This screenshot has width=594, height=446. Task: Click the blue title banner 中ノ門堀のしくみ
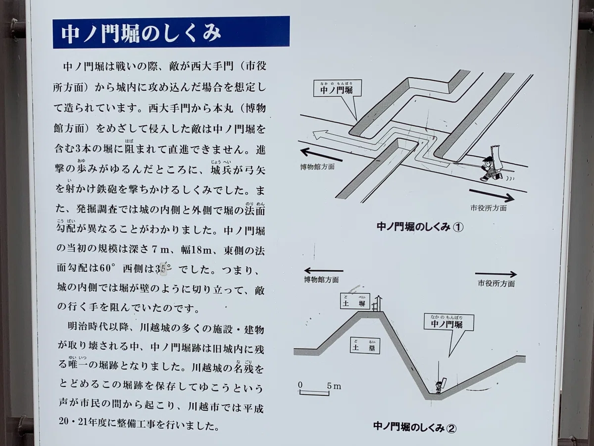[171, 32]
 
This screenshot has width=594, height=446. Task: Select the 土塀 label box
[355, 301]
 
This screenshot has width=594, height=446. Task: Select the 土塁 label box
[365, 345]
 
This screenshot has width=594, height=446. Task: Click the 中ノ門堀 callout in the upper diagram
[338, 88]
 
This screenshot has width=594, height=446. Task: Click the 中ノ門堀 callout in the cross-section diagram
[449, 323]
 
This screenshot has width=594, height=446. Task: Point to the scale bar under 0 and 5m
[314, 393]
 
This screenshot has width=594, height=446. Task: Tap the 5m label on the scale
[334, 386]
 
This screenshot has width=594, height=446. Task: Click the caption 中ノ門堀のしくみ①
[420, 226]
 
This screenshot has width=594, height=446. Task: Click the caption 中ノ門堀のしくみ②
[415, 427]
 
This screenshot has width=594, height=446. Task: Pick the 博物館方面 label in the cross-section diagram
[321, 279]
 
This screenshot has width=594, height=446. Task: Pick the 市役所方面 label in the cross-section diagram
[496, 283]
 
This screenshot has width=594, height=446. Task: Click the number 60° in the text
[105, 268]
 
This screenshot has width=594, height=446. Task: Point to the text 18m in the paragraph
[201, 250]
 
